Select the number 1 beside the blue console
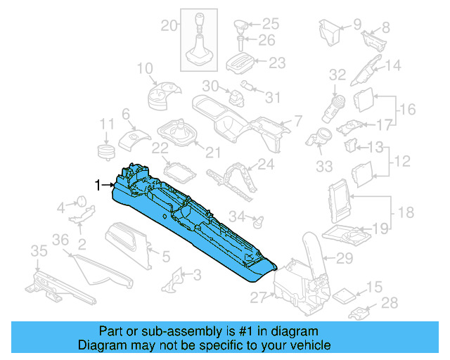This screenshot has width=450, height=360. coord(98,185)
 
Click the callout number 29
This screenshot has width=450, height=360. coord(344,258)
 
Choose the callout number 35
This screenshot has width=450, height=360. coord(38,252)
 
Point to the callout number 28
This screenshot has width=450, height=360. coord(389,303)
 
